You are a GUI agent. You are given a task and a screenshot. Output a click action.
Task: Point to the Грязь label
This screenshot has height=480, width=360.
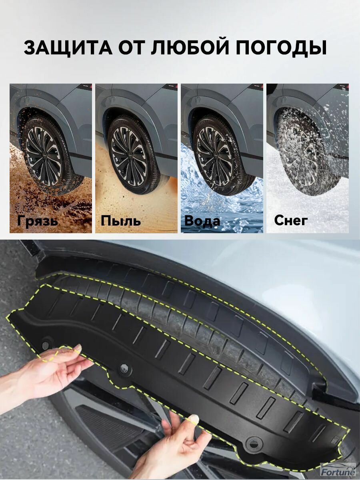pyautogui.click(x=38, y=221)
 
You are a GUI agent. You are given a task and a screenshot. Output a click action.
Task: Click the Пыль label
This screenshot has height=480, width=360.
pyautogui.click(x=121, y=221)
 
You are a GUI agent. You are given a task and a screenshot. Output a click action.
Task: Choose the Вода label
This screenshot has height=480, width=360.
pyautogui.click(x=202, y=221)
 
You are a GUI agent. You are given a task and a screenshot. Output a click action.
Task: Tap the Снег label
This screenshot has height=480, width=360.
pyautogui.click(x=291, y=220)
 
